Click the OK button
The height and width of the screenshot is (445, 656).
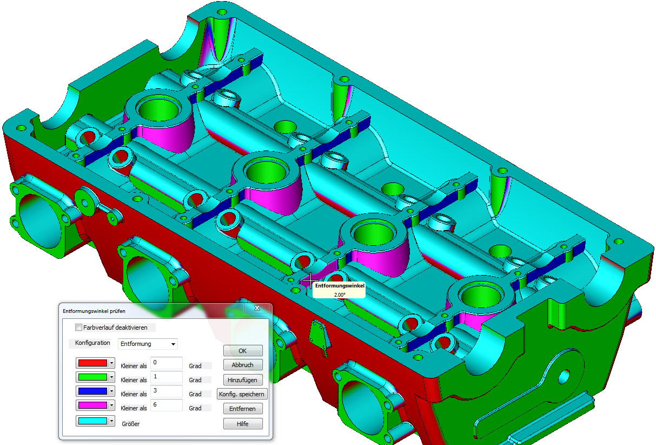[x=243, y=351]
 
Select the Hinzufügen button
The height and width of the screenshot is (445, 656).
[x=243, y=380]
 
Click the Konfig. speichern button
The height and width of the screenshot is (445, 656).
[x=243, y=394]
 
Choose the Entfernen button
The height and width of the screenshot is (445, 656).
[x=243, y=409]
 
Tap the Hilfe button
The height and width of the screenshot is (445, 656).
[x=243, y=424]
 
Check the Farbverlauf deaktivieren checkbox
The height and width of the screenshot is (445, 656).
[x=79, y=328]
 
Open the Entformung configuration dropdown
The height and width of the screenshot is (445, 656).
[x=148, y=344]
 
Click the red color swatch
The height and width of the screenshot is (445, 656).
[x=92, y=363]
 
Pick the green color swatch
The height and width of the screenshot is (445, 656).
[x=92, y=377]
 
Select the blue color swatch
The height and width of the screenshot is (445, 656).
[x=92, y=391]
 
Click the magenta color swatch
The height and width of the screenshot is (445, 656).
[x=92, y=405]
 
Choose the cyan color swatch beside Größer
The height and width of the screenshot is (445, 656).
[x=92, y=421]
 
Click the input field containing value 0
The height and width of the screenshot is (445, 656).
[x=167, y=363]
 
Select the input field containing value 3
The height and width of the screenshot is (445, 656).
[x=167, y=391]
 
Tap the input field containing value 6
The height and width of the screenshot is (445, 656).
[x=167, y=405]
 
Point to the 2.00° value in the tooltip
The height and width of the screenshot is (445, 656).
[x=340, y=295]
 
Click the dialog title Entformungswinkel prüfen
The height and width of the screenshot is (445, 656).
[x=94, y=311]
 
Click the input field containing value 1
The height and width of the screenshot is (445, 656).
[x=167, y=377]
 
